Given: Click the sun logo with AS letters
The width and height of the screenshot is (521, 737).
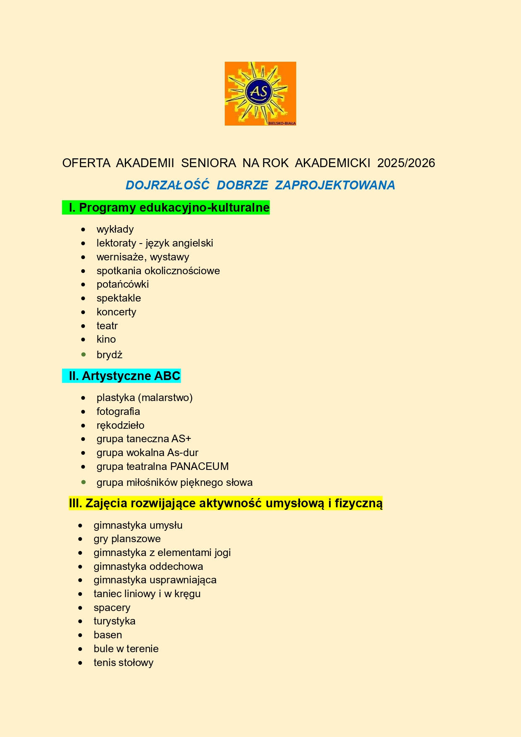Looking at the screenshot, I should (260, 93).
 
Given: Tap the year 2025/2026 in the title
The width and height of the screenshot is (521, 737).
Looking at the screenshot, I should (406, 163).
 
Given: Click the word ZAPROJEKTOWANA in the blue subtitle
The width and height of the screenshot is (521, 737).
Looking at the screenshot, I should (335, 185).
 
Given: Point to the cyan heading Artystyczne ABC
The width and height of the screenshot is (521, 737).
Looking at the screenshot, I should (124, 376).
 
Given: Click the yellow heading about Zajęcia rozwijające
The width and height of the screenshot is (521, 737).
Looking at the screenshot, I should (226, 503).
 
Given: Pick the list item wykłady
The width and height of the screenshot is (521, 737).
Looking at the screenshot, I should (115, 229).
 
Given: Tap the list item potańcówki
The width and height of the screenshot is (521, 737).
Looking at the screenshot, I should (123, 284).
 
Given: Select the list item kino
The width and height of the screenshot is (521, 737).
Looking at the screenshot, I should (106, 339).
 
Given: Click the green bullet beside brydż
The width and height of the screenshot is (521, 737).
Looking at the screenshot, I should (84, 354).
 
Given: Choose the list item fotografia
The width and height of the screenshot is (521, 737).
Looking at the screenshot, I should (118, 412).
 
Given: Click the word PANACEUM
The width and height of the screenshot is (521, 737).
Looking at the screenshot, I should (200, 467).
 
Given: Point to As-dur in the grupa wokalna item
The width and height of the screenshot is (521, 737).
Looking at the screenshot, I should (183, 453).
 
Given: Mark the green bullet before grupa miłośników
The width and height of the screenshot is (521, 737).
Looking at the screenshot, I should (84, 482).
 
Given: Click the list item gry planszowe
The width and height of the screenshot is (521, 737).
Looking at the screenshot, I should (127, 539).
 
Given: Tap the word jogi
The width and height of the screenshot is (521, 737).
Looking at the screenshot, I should (222, 553).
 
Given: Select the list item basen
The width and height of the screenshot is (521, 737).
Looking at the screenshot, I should (108, 635).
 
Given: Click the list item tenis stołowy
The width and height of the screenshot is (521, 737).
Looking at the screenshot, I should (124, 663).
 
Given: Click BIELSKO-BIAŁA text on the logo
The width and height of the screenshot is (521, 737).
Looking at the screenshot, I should (282, 123).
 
